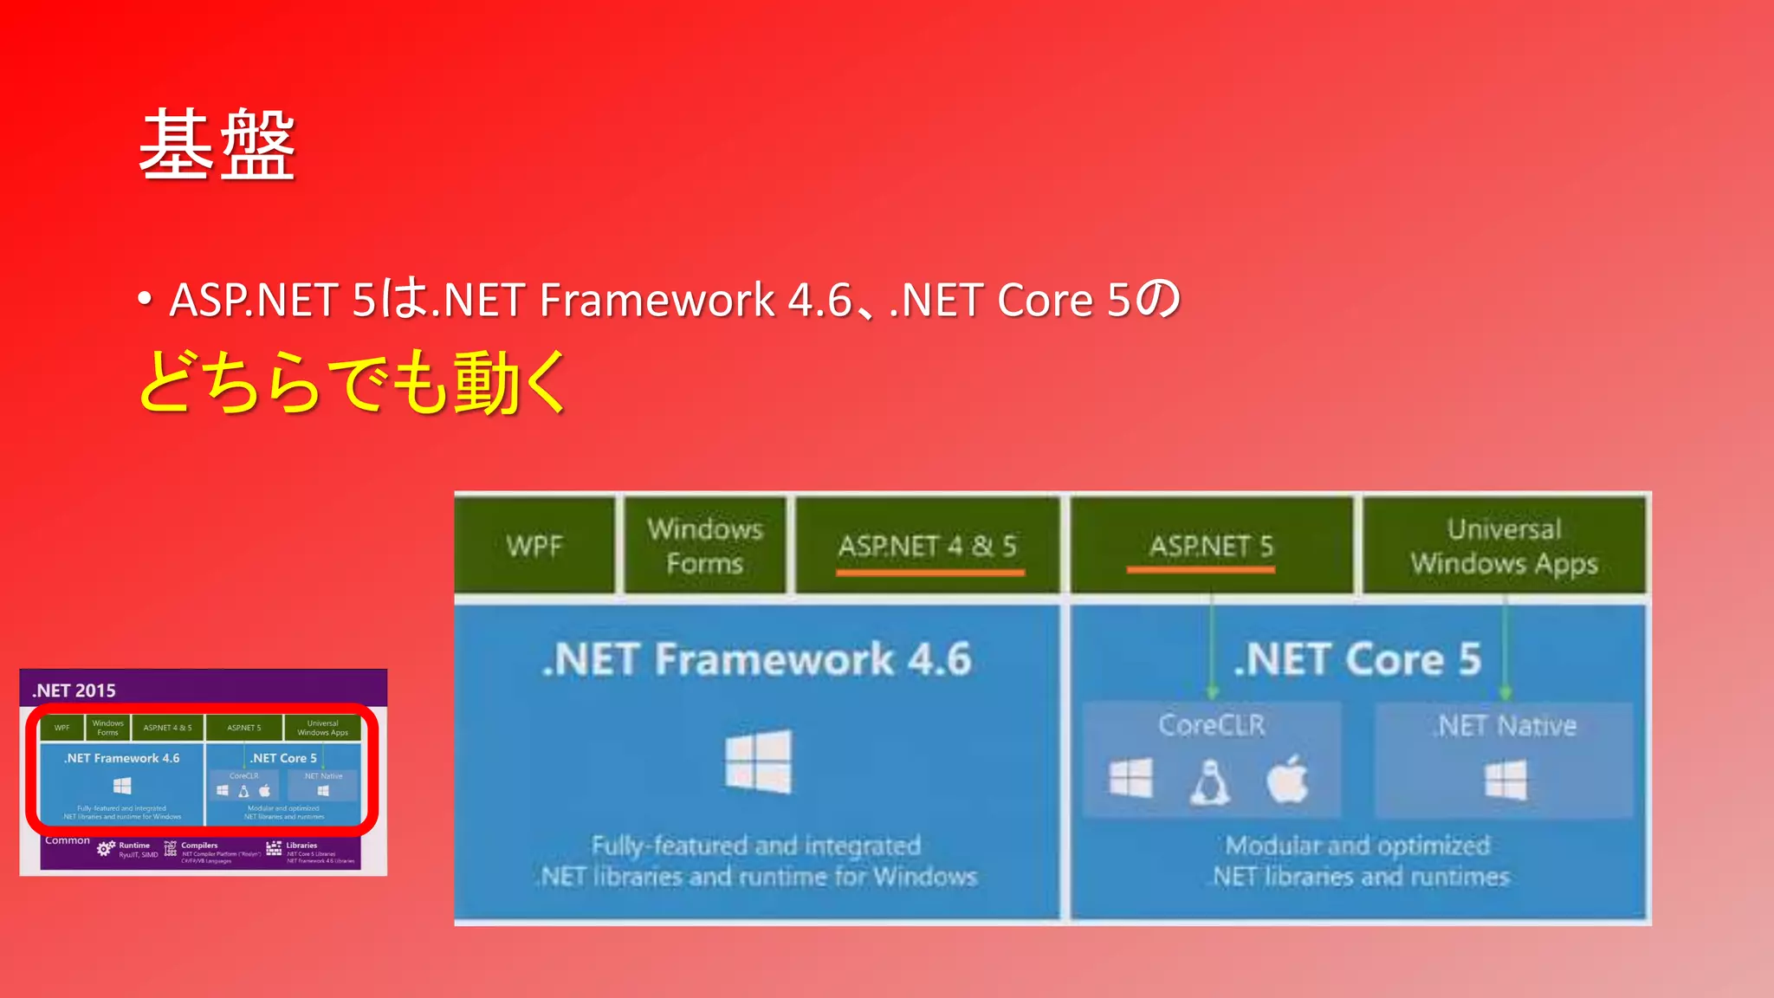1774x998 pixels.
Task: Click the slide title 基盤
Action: pyautogui.click(x=217, y=146)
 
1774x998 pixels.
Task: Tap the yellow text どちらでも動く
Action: pyautogui.click(x=353, y=382)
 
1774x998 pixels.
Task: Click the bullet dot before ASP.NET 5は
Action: pyautogui.click(x=145, y=300)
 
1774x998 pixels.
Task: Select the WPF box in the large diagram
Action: pyautogui.click(x=534, y=546)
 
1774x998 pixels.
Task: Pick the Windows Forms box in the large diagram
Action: pyautogui.click(x=704, y=546)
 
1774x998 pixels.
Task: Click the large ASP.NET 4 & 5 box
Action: pyautogui.click(x=927, y=546)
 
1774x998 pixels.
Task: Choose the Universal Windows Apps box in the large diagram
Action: pyautogui.click(x=1504, y=546)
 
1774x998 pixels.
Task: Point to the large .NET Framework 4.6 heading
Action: pyautogui.click(x=756, y=659)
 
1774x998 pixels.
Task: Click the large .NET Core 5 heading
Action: pyautogui.click(x=1357, y=659)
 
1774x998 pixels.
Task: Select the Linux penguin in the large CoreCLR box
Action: pyautogui.click(x=1209, y=782)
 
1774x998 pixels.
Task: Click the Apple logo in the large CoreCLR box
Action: pyautogui.click(x=1287, y=780)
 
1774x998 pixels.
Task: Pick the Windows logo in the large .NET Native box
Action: pyautogui.click(x=1505, y=780)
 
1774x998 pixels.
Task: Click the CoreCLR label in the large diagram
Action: pyautogui.click(x=1211, y=725)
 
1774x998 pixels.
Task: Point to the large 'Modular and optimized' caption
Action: pyautogui.click(x=1357, y=846)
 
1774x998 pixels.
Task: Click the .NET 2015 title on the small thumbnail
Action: pyautogui.click(x=74, y=690)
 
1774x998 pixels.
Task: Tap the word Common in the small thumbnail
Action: pyautogui.click(x=68, y=840)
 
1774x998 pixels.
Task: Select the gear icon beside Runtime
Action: pyautogui.click(x=106, y=849)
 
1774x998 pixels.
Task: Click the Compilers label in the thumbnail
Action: pyautogui.click(x=199, y=846)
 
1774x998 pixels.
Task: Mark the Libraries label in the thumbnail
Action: pyautogui.click(x=301, y=846)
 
